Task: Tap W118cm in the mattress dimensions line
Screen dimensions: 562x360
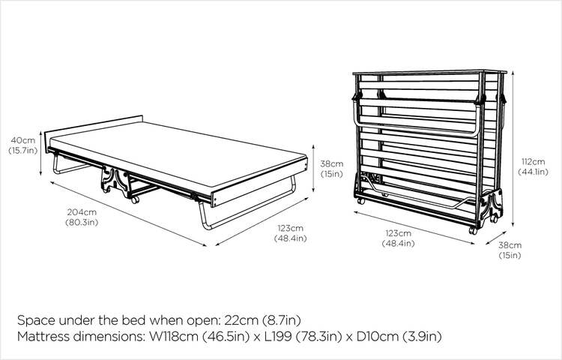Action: tap(174, 336)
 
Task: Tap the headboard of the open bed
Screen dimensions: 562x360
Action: tap(94, 126)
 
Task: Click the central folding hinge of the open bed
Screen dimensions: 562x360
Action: tap(115, 181)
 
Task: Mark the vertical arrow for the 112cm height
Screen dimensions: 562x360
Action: tap(513, 148)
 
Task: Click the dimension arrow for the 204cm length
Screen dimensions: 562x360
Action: tap(128, 214)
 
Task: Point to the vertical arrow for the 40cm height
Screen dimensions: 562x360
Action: tap(41, 154)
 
